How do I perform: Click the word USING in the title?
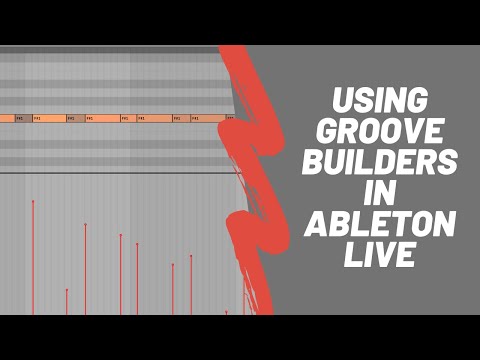point(379,101)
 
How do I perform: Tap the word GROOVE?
point(380,131)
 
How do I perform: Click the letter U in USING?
point(340,101)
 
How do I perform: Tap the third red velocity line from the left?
point(85,270)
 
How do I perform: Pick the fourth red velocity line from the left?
point(121,275)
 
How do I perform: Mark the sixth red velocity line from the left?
point(173,290)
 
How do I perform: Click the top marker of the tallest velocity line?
point(33,202)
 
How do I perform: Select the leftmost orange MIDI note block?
point(7,118)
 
